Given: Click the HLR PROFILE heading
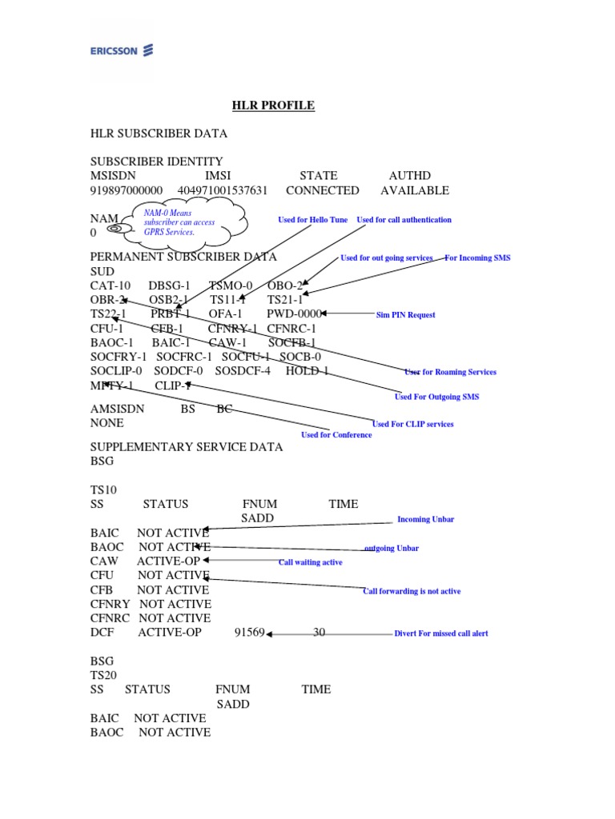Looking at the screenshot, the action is (273, 106).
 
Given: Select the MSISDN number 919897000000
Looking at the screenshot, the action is (127, 190).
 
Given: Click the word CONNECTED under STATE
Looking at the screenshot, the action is (322, 190).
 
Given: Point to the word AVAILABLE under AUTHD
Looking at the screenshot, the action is (415, 190).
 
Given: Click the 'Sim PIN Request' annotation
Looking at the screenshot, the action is (406, 315).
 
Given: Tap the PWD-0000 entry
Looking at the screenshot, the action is (294, 314).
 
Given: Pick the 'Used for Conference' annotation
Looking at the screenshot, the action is (336, 435).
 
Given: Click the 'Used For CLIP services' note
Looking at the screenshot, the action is (412, 424).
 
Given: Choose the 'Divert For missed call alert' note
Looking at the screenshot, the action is (440, 633).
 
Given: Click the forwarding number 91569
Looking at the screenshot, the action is (249, 633).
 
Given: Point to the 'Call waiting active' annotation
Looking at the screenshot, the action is (310, 562).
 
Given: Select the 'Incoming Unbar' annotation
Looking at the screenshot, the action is (425, 520).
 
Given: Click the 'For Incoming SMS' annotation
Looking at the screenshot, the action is (477, 258).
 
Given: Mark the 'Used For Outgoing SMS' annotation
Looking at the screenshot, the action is (436, 397).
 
